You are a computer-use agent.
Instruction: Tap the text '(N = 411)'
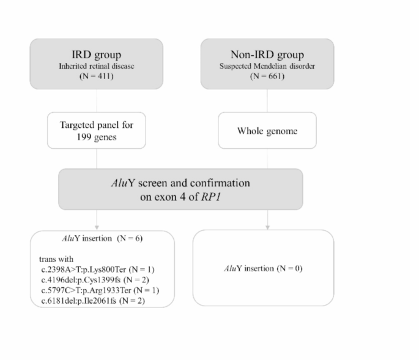tap(97, 77)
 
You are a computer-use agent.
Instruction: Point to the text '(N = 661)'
tap(267, 77)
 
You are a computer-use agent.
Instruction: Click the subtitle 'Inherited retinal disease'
tap(97, 66)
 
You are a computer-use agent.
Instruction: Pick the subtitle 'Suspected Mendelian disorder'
tap(267, 66)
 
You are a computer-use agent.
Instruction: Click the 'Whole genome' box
tap(267, 130)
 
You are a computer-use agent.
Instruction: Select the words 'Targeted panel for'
tap(97, 125)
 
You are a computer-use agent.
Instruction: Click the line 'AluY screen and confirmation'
tap(181, 182)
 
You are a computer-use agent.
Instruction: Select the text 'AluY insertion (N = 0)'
tap(264, 268)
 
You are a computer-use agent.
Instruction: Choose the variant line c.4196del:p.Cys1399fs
tap(93, 279)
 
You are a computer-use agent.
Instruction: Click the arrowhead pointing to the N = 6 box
tap(97, 227)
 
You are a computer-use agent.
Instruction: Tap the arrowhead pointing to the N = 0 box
tap(267, 227)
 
